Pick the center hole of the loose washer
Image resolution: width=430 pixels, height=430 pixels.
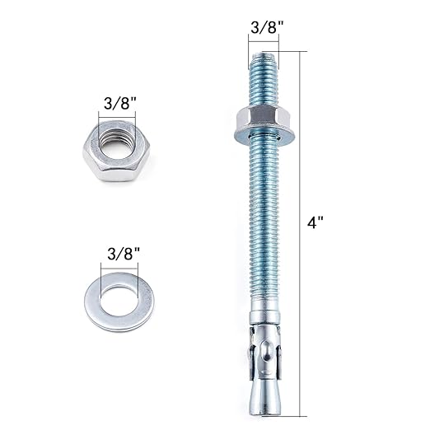[115, 292]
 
